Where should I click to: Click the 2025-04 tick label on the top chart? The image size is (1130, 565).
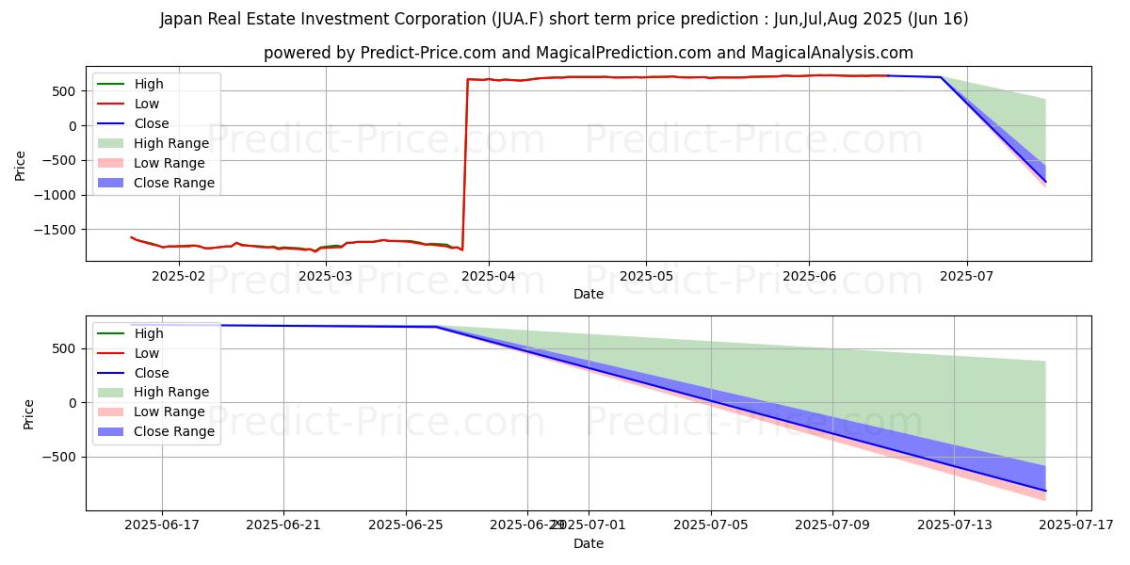[489, 276]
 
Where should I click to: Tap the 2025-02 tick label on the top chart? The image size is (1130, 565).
[178, 276]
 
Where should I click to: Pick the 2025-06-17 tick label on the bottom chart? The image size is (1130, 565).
[161, 525]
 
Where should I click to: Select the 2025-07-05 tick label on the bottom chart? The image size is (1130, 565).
[710, 525]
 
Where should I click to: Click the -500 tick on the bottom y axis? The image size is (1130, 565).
[67, 458]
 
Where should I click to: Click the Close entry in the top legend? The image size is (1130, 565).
[152, 123]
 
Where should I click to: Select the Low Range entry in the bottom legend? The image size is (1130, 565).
[169, 412]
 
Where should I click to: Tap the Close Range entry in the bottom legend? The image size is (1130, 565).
[173, 431]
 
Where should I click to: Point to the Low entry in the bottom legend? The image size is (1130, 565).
[147, 353]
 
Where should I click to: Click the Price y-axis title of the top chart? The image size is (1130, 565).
[21, 164]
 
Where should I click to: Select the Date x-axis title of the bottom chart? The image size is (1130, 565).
[589, 543]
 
